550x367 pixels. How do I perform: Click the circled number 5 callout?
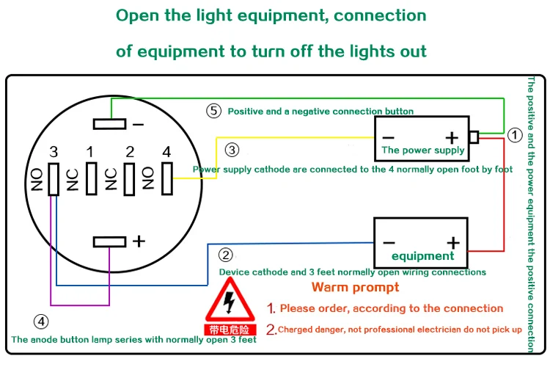point(213,111)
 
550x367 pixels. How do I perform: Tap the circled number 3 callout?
point(232,150)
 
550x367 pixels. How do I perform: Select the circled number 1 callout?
point(515,135)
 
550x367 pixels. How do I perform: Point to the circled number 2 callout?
point(226,255)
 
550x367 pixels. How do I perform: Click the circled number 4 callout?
point(41,321)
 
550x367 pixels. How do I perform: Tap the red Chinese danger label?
point(230,330)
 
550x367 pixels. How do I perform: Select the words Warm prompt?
point(356,287)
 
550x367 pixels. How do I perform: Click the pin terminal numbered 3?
point(54,179)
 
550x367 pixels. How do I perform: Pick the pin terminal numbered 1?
point(92,178)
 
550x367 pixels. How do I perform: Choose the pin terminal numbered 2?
point(129,179)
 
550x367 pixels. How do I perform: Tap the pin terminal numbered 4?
point(167,178)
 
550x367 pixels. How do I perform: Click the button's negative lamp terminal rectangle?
point(110,124)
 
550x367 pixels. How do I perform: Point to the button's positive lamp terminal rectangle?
point(110,242)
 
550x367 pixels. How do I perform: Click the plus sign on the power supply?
point(452,138)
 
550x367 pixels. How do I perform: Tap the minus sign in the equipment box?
point(389,243)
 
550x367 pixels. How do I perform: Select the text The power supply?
point(423,150)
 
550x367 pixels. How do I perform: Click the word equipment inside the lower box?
point(422,256)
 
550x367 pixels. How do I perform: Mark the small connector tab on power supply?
point(474,137)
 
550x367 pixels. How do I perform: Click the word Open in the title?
point(138,16)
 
